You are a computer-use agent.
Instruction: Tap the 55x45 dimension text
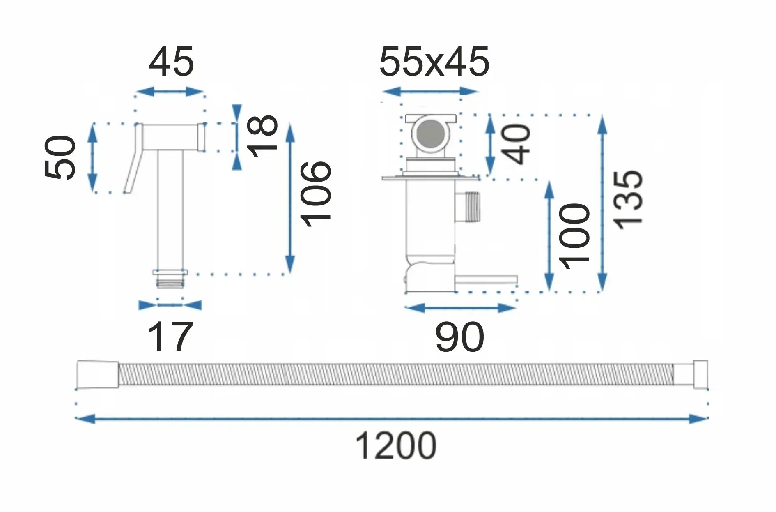(434, 62)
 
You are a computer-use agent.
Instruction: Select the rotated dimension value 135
(627, 200)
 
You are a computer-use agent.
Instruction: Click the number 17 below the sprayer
(170, 337)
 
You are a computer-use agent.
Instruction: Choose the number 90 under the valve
(459, 337)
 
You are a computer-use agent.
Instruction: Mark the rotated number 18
(263, 136)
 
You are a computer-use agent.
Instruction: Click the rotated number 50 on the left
(60, 157)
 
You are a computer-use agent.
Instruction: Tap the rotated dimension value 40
(517, 144)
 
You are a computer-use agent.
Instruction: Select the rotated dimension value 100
(574, 236)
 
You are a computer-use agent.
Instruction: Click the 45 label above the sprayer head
(171, 62)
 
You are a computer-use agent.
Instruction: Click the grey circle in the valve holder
(429, 133)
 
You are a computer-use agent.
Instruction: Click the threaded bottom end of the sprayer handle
(170, 282)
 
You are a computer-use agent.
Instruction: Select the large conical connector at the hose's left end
(98, 374)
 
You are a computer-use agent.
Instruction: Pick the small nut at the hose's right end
(700, 374)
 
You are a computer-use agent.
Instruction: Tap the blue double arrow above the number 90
(460, 307)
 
